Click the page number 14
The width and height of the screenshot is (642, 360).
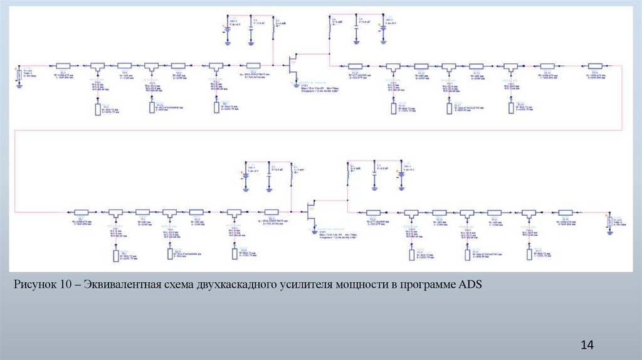(x=587, y=344)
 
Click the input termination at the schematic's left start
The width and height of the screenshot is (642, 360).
(x=19, y=75)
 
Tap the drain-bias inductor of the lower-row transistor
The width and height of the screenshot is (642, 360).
(x=349, y=173)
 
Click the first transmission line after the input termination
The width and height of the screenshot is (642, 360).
(x=64, y=65)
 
